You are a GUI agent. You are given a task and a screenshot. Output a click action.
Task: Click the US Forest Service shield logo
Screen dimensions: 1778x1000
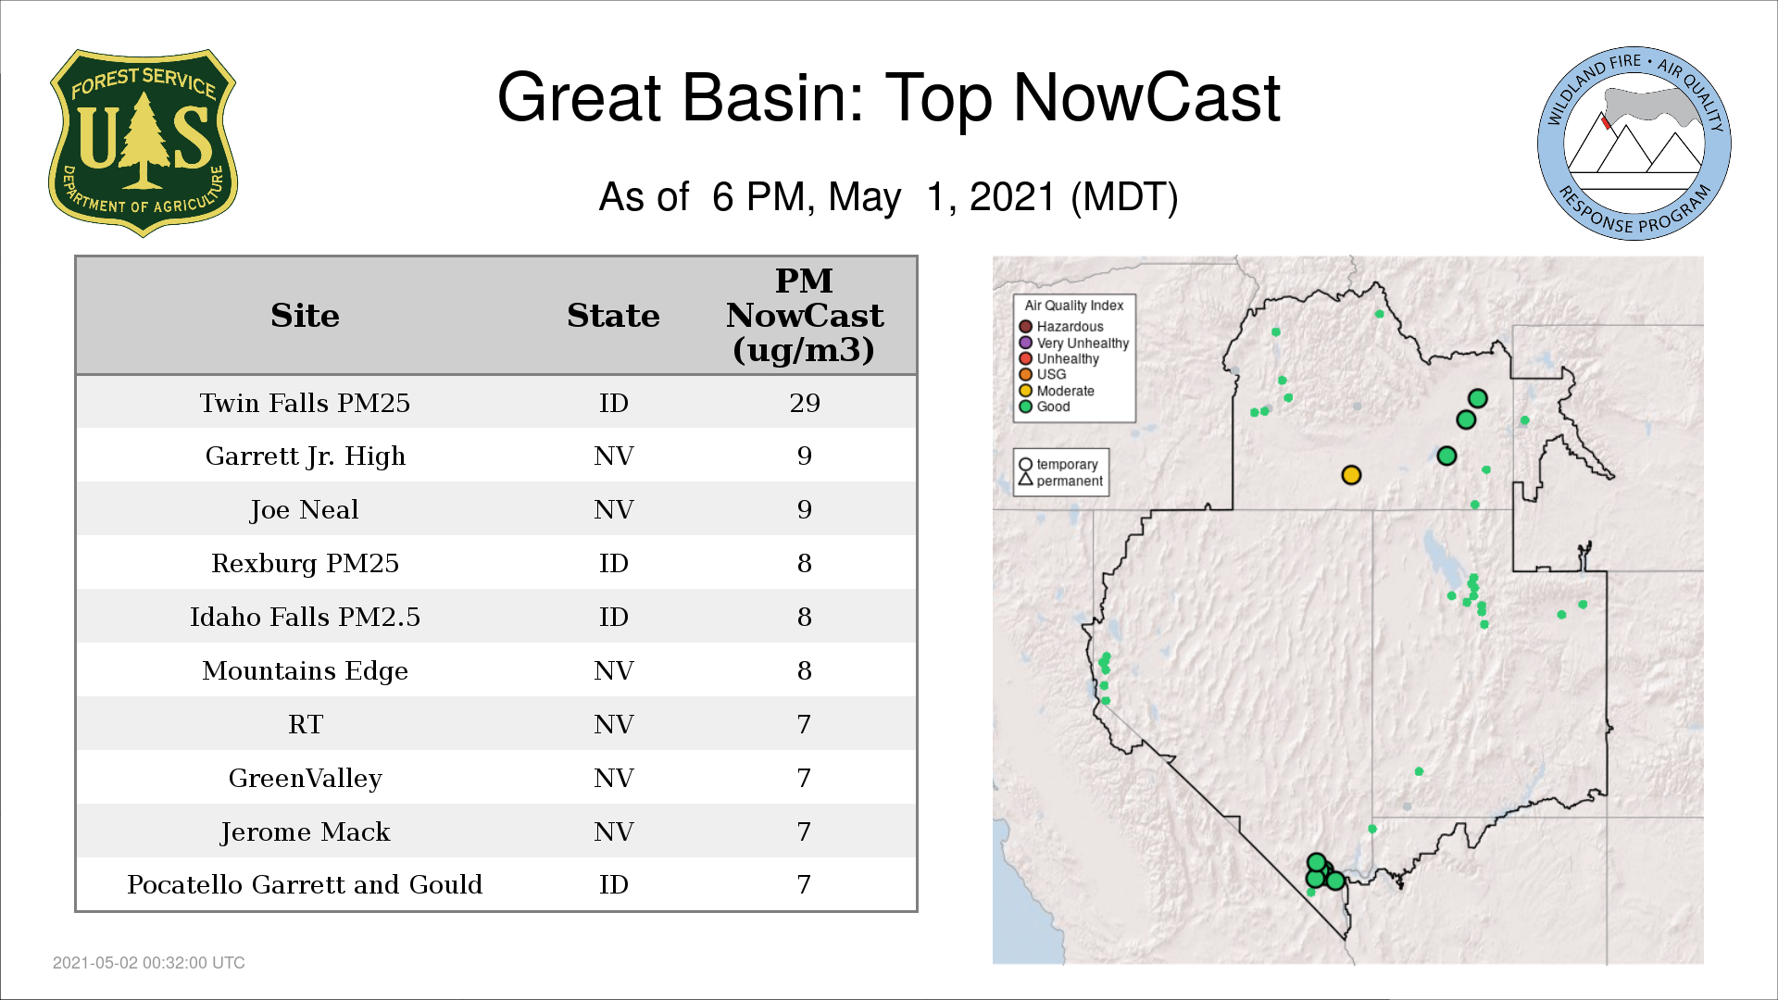point(143,144)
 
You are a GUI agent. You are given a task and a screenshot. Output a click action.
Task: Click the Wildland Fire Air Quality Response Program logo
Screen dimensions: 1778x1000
point(1634,144)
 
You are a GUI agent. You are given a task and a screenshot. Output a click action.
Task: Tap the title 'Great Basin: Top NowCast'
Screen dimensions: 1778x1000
point(889,97)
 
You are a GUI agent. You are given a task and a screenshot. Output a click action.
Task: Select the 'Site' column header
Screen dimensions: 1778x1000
point(305,316)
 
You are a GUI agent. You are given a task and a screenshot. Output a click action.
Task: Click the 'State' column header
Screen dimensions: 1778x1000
point(613,316)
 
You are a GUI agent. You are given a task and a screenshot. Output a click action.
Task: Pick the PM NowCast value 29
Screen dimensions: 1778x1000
point(805,403)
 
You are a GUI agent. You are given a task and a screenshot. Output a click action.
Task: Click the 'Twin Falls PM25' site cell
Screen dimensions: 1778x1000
point(305,403)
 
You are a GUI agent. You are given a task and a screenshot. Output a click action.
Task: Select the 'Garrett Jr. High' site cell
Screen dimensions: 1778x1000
point(305,456)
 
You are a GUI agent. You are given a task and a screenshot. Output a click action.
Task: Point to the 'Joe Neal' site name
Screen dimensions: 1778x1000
point(305,510)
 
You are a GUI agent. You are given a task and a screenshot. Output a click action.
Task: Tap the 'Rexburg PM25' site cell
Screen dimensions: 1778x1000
point(305,563)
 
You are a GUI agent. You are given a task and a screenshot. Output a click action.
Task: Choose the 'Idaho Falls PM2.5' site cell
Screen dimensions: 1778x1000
point(305,617)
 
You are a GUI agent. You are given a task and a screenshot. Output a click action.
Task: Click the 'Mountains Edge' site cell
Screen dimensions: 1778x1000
point(305,670)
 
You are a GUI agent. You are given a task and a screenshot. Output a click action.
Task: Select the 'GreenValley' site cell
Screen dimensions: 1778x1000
point(305,778)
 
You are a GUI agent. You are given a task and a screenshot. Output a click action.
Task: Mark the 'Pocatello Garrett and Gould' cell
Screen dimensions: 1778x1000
point(305,884)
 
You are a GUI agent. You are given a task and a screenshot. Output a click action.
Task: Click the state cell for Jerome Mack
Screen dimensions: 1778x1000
point(613,831)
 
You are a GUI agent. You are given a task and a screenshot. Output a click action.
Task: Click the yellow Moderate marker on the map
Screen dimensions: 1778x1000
point(1351,475)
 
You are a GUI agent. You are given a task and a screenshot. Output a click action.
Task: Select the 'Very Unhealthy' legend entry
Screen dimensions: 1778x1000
point(1074,343)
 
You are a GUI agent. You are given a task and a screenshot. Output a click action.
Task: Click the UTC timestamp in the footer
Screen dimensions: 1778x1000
point(149,963)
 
